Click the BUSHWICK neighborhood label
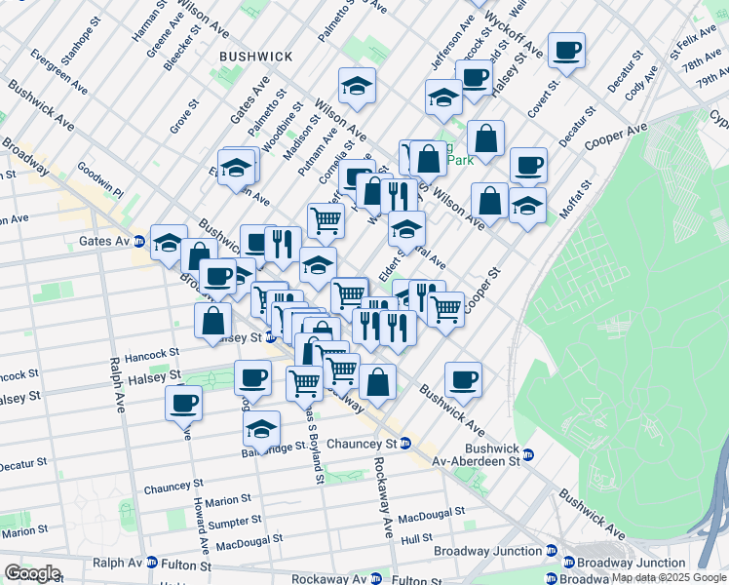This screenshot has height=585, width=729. click(255, 57)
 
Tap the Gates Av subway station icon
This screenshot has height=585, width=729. click(139, 241)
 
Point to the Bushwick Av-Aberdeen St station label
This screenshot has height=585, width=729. click(483, 454)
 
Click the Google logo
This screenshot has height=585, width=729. click(32, 573)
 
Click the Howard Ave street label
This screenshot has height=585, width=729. click(202, 512)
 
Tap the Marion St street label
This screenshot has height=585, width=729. click(229, 500)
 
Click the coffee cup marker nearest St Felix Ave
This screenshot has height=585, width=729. click(565, 51)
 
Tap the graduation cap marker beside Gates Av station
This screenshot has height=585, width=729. click(168, 241)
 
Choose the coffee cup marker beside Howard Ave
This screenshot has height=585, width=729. click(182, 402)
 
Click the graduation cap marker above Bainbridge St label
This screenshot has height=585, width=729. click(261, 428)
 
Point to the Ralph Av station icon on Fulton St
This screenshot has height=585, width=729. click(151, 563)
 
